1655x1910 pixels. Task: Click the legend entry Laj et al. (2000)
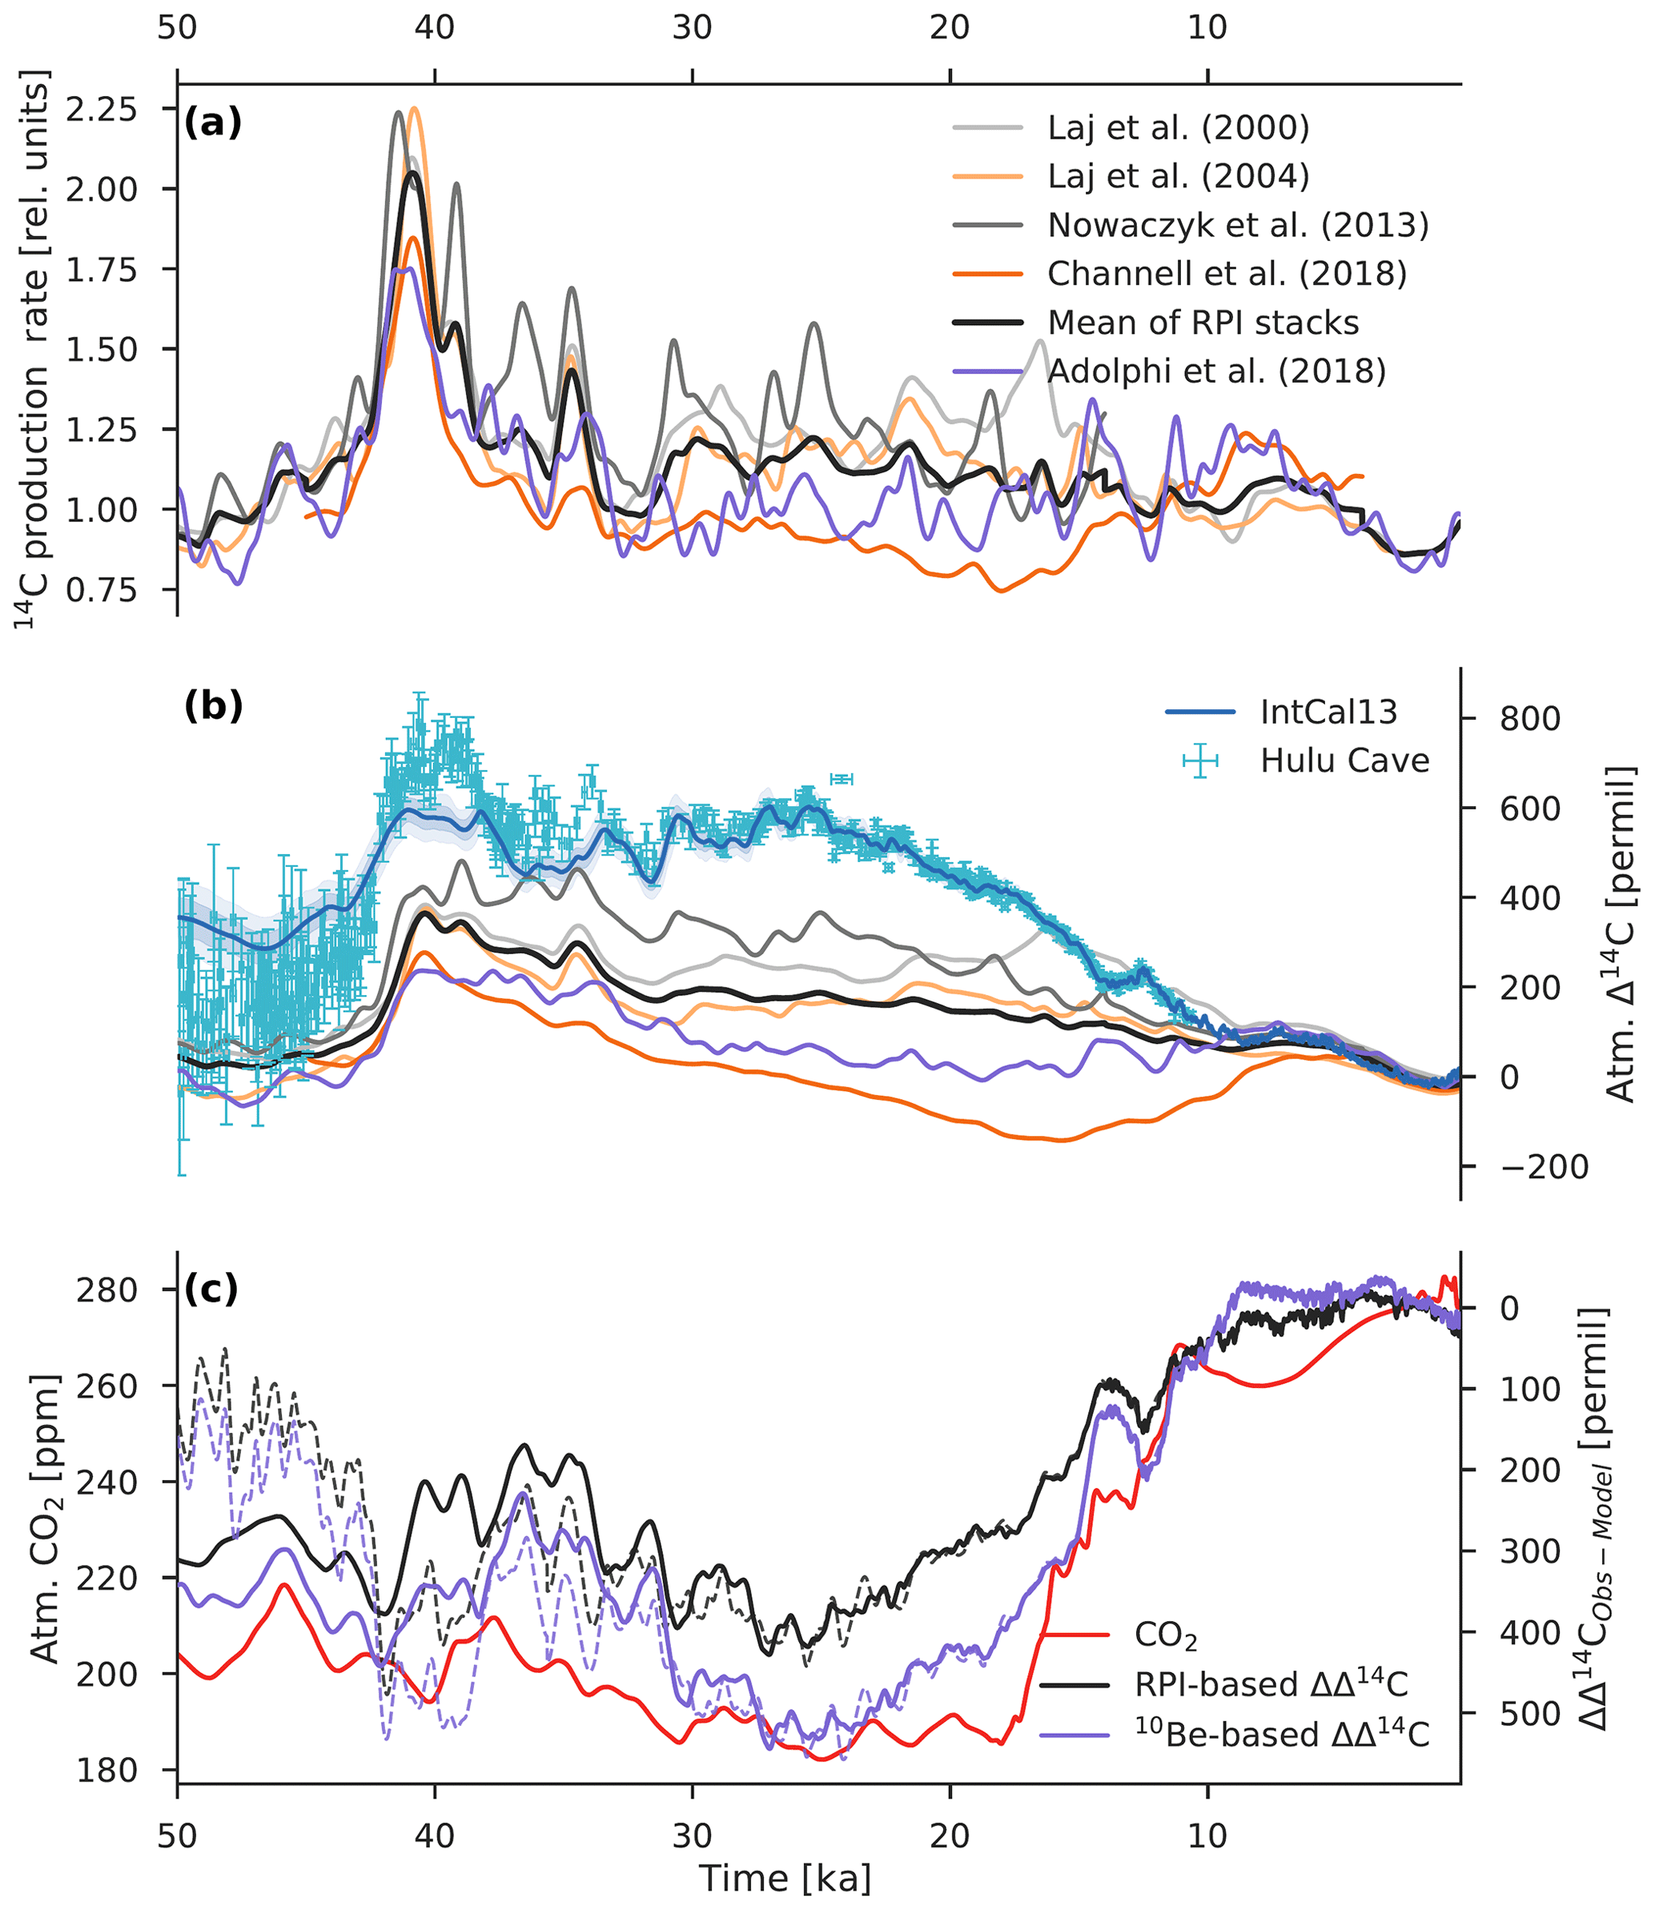(x=1178, y=127)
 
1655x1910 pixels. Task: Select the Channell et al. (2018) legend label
(x=1227, y=273)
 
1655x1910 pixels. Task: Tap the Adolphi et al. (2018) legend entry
(x=1216, y=371)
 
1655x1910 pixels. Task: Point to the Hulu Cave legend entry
(x=1344, y=760)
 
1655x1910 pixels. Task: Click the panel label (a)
(x=212, y=122)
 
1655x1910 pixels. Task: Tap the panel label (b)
(x=213, y=706)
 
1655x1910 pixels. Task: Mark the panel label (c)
(x=211, y=1290)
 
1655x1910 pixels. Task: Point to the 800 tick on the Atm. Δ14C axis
(x=1529, y=718)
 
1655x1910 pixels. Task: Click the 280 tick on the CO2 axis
(x=113, y=1290)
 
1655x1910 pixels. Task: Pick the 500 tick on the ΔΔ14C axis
(x=1529, y=1713)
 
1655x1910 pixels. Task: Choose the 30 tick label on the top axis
(x=692, y=28)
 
